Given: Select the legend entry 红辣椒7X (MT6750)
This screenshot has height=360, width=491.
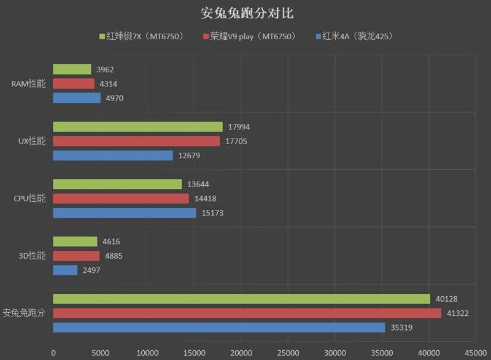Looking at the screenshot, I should (142, 36).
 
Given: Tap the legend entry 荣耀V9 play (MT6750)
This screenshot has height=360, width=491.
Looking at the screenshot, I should (249, 36).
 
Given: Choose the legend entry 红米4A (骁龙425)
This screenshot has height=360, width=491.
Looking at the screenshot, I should (353, 36).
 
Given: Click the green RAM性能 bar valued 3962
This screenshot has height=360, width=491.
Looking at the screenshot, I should (72, 69).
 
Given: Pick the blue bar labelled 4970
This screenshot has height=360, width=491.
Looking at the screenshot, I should (77, 98).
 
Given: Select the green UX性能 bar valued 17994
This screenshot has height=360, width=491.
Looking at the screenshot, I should (137, 127).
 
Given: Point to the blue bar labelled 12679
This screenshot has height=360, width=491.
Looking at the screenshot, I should (113, 155).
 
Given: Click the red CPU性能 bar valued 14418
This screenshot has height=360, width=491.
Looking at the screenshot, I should (121, 198).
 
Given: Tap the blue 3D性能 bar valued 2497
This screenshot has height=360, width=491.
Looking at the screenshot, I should (65, 270).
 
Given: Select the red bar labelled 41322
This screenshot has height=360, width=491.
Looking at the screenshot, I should (247, 313).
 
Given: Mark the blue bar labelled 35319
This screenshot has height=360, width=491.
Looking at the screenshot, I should (218, 327).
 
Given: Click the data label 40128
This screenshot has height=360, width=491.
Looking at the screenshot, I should (447, 299).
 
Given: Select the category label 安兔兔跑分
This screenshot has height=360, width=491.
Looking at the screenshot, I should (25, 313).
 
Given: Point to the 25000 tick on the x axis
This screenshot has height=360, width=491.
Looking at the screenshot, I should (288, 353).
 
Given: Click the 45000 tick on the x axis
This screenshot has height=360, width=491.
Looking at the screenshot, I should (475, 353).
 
